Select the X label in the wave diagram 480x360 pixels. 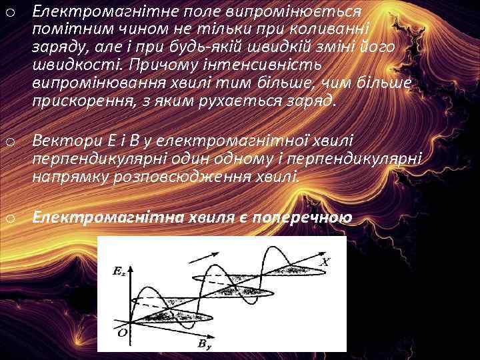tap(325, 262)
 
